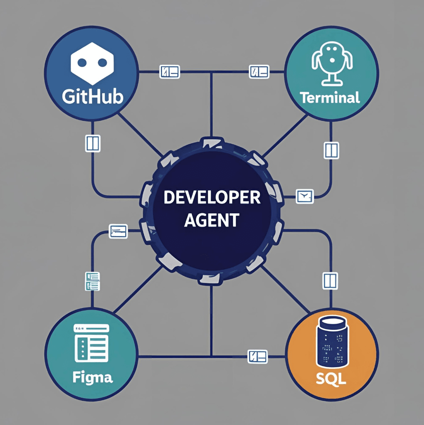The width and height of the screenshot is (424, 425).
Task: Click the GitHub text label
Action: pos(93,97)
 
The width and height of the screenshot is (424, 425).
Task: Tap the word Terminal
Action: pos(330,98)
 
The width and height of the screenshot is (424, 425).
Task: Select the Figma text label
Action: pos(93,377)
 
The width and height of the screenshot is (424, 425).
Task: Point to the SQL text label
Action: pos(331,378)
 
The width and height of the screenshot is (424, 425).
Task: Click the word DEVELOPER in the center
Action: pos(212,197)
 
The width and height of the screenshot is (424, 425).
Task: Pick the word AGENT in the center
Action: pos(212,220)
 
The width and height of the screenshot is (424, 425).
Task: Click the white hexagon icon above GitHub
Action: pos(92,63)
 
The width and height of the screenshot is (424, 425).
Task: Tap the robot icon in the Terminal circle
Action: pos(332,64)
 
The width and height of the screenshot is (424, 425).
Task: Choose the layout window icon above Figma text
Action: pos(91,343)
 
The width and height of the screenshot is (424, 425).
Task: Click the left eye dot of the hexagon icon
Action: pos(82,63)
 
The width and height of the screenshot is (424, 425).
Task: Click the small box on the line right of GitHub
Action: pos(169,72)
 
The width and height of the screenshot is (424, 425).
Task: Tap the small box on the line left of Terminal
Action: pos(259,72)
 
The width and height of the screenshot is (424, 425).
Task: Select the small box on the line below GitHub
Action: pos(93,143)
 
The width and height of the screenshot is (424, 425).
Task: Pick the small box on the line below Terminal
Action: pos(331,150)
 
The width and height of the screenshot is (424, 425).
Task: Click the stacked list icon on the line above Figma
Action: pos(93,282)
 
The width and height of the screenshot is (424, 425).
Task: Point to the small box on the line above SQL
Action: pos(330,281)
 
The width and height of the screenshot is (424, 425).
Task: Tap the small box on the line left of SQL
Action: pos(257,356)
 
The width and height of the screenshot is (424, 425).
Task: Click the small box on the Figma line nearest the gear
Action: pos(118,231)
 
